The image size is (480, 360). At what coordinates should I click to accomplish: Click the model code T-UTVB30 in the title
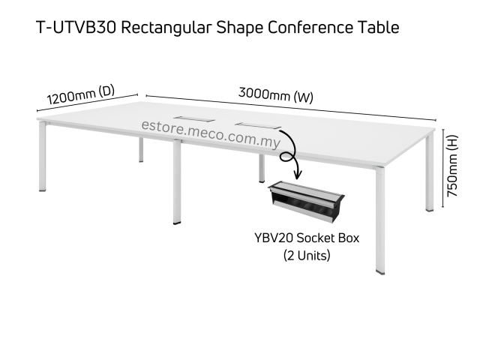coord(74,28)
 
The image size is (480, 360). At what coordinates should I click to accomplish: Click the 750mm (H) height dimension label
coord(452,165)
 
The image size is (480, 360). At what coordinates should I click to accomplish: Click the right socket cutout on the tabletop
coord(255,124)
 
